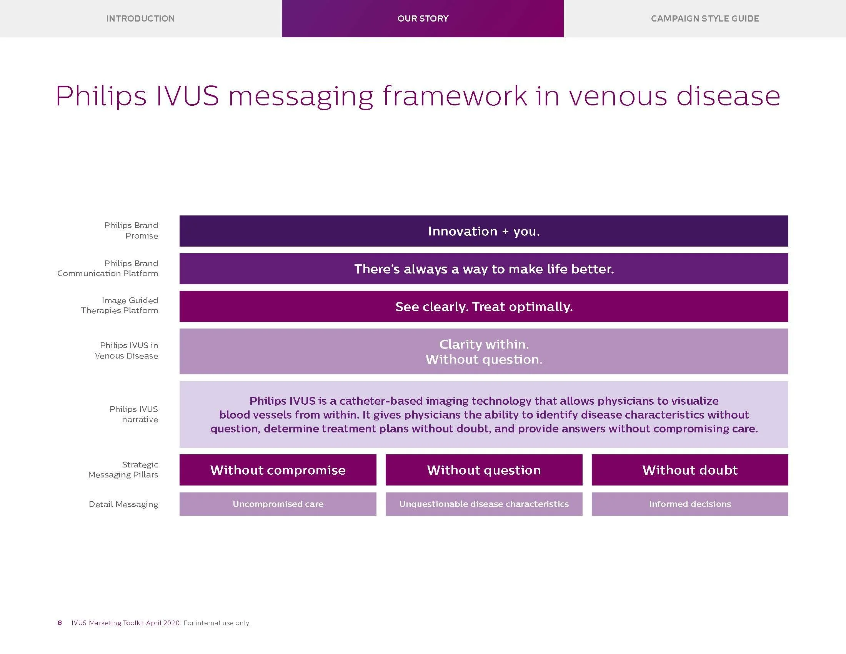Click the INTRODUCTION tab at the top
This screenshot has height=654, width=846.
click(140, 18)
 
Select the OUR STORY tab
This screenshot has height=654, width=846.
click(423, 18)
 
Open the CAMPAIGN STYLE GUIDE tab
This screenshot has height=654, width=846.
click(704, 18)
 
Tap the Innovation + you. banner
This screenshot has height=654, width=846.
click(483, 231)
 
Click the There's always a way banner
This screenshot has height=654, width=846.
click(483, 269)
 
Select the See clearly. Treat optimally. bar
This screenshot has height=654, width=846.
click(483, 307)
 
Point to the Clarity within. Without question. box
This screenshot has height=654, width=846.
click(483, 351)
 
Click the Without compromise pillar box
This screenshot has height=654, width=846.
click(278, 470)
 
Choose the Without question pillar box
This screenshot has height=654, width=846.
click(484, 470)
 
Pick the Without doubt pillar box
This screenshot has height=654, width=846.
click(689, 470)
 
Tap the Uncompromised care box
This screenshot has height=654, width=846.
click(278, 504)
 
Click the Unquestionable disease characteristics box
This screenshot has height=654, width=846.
click(484, 504)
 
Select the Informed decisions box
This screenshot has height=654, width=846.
click(689, 504)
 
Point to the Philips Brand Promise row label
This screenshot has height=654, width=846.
click(131, 230)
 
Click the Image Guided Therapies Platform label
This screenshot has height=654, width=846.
click(119, 305)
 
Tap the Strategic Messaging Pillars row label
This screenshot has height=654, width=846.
click(123, 470)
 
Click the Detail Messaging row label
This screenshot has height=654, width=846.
click(123, 504)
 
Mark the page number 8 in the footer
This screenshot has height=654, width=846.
click(60, 623)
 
